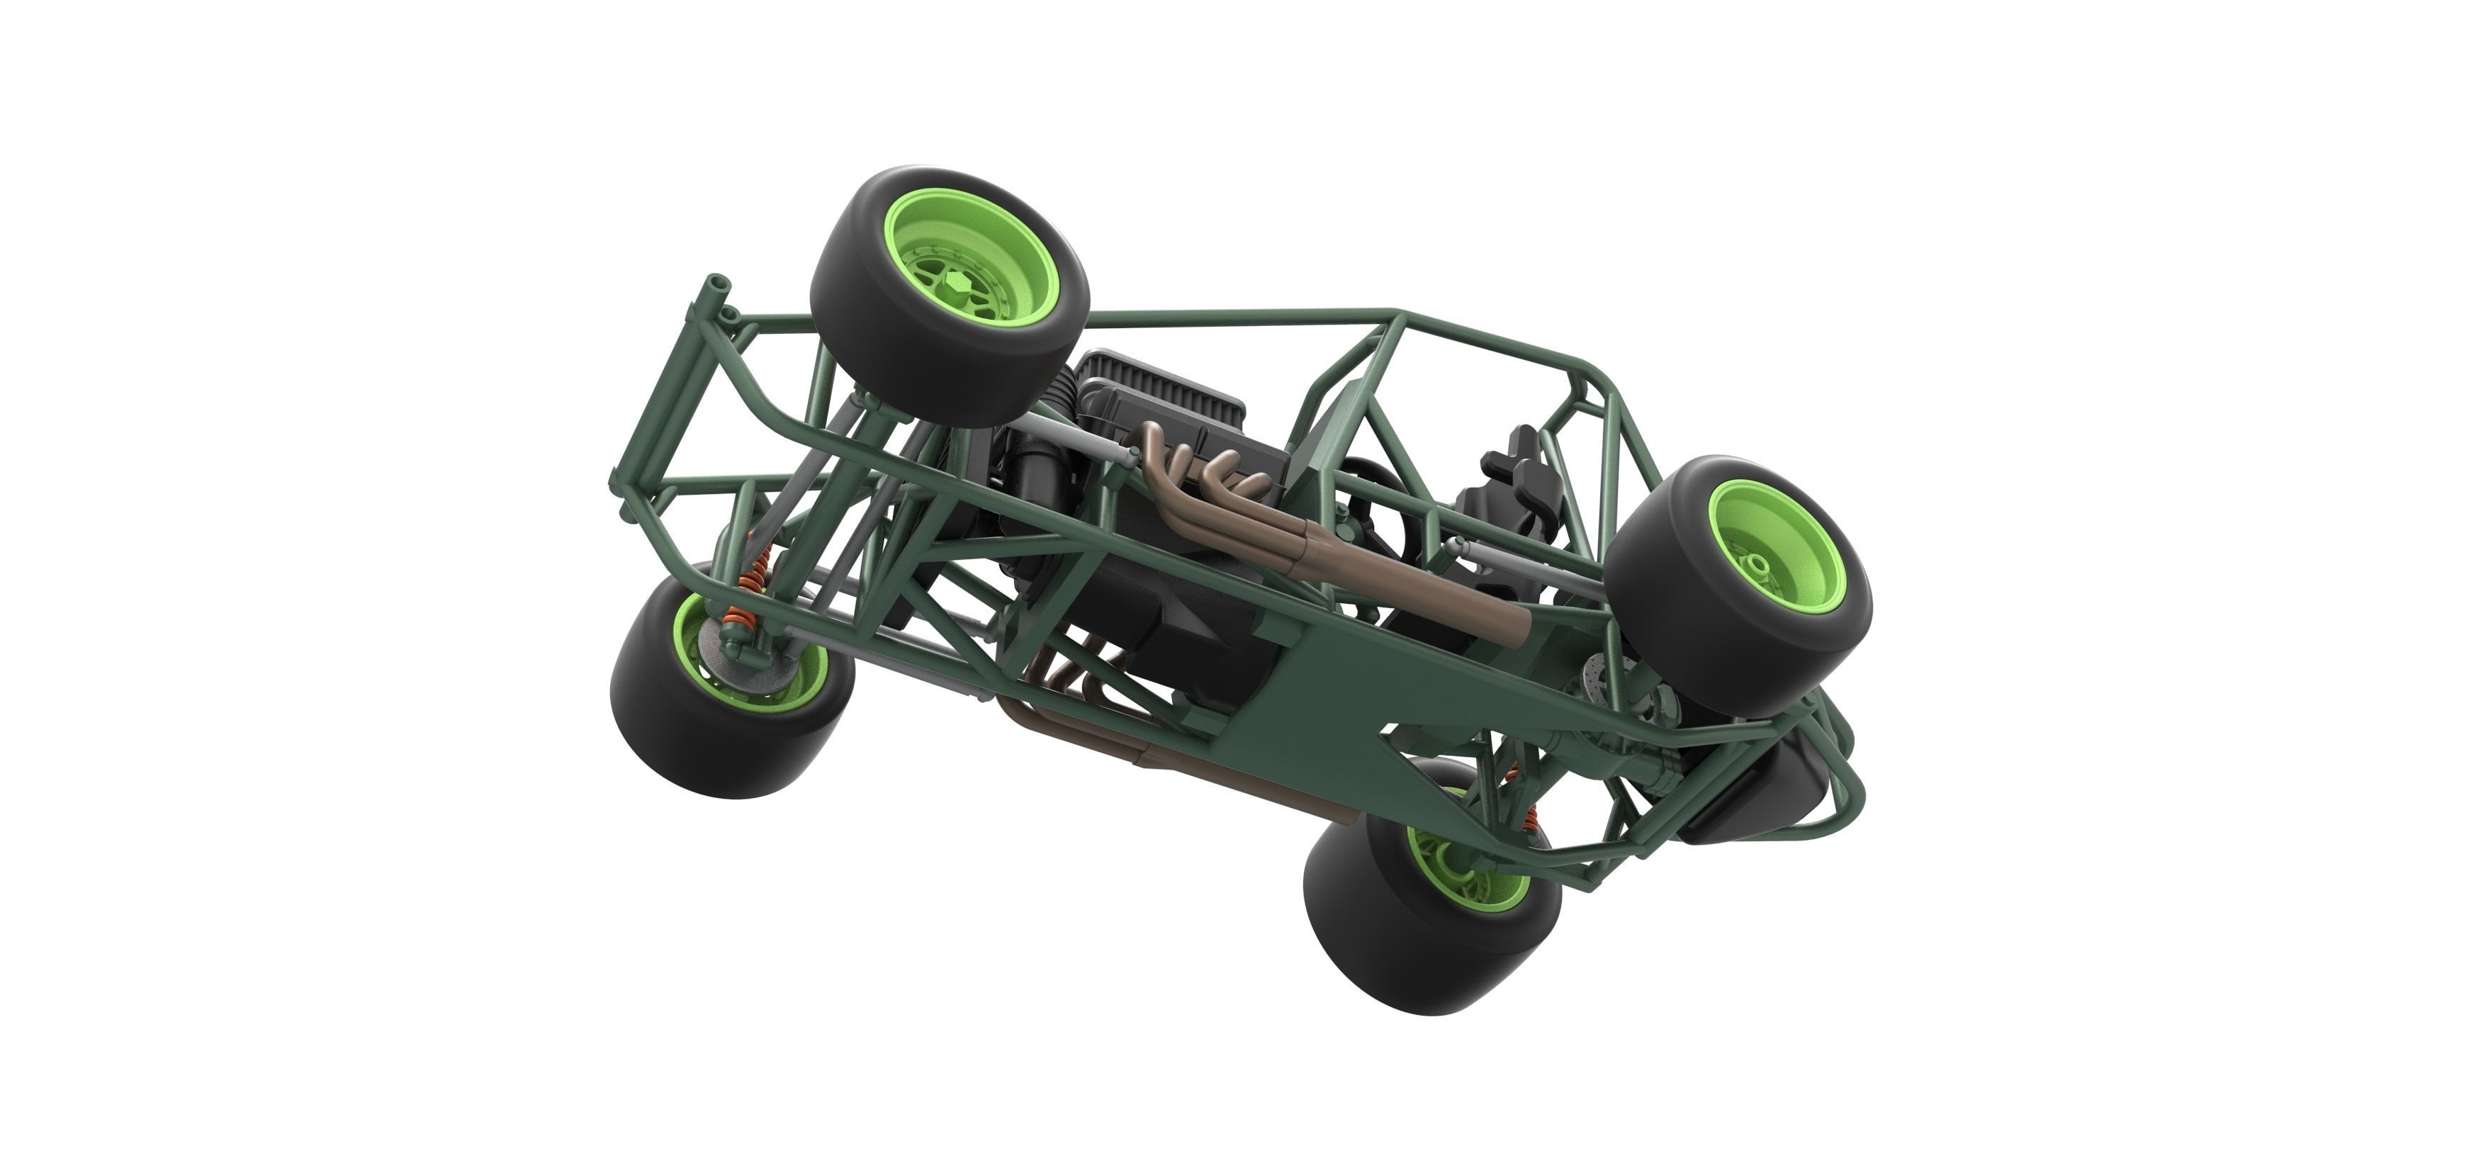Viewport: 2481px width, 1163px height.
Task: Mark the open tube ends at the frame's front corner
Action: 714,287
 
